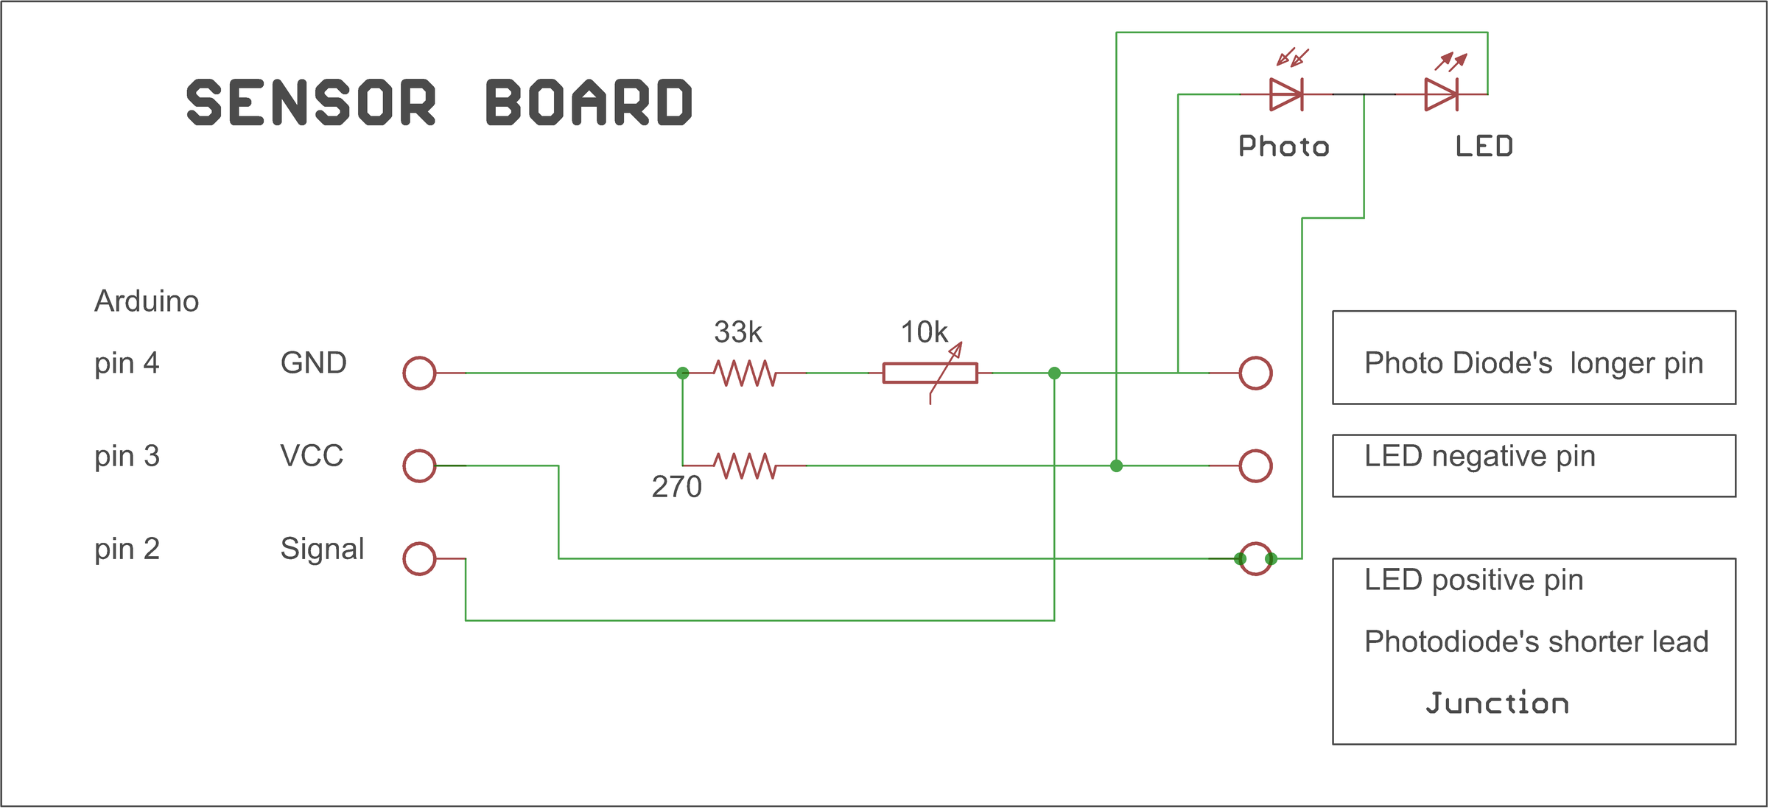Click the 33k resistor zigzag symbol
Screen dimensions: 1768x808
pyautogui.click(x=745, y=373)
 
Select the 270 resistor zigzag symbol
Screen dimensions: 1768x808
pyautogui.click(x=745, y=466)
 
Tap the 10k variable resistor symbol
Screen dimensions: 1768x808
pyautogui.click(x=930, y=373)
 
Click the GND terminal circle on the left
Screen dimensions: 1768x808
pyautogui.click(x=420, y=373)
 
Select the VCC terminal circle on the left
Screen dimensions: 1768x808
pyautogui.click(x=420, y=466)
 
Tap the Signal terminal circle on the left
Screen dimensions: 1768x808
pyautogui.click(x=420, y=559)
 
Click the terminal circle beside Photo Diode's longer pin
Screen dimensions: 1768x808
pyautogui.click(x=1256, y=373)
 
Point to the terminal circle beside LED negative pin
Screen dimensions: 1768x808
pyautogui.click(x=1256, y=466)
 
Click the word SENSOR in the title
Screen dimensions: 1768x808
pyautogui.click(x=312, y=102)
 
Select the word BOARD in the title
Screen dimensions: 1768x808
pyautogui.click(x=589, y=102)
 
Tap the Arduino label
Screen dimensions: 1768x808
pyautogui.click(x=147, y=301)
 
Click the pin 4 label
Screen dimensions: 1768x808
pyautogui.click(x=127, y=364)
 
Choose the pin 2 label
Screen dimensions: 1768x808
pyautogui.click(x=127, y=549)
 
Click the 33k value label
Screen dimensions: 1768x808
pyautogui.click(x=738, y=332)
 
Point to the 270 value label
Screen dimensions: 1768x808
pyautogui.click(x=677, y=487)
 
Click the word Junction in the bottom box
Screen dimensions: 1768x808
pyautogui.click(x=1498, y=703)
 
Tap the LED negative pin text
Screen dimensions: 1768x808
pyautogui.click(x=1480, y=457)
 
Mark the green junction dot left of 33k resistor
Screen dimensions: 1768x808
pyautogui.click(x=683, y=373)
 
